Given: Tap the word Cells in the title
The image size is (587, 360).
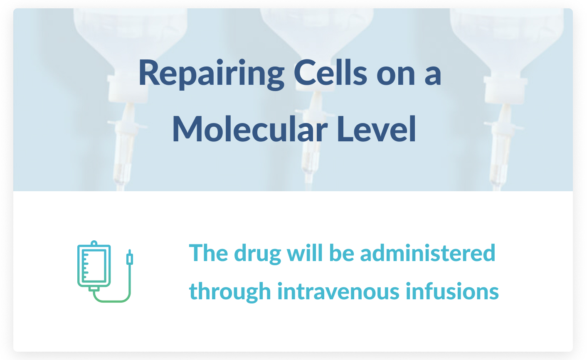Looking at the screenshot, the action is [330, 72].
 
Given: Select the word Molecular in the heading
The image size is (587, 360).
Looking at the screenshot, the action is [250, 129].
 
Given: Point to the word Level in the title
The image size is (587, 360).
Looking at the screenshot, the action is [377, 129].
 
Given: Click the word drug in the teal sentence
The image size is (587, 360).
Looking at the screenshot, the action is [257, 254].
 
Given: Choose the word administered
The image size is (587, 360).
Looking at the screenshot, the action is [428, 253].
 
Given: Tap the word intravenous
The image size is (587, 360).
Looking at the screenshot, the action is [338, 291].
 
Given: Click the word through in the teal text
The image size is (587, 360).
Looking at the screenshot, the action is [230, 292].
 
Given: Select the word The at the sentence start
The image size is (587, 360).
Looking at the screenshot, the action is [209, 253].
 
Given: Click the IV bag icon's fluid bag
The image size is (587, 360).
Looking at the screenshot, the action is [94, 266].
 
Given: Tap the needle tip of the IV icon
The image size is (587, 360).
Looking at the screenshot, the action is [129, 251].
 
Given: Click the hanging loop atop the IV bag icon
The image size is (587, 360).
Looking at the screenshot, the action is [94, 243].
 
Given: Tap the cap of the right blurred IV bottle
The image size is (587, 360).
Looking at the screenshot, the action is [505, 89].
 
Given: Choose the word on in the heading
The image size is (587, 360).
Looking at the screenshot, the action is [396, 76].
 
